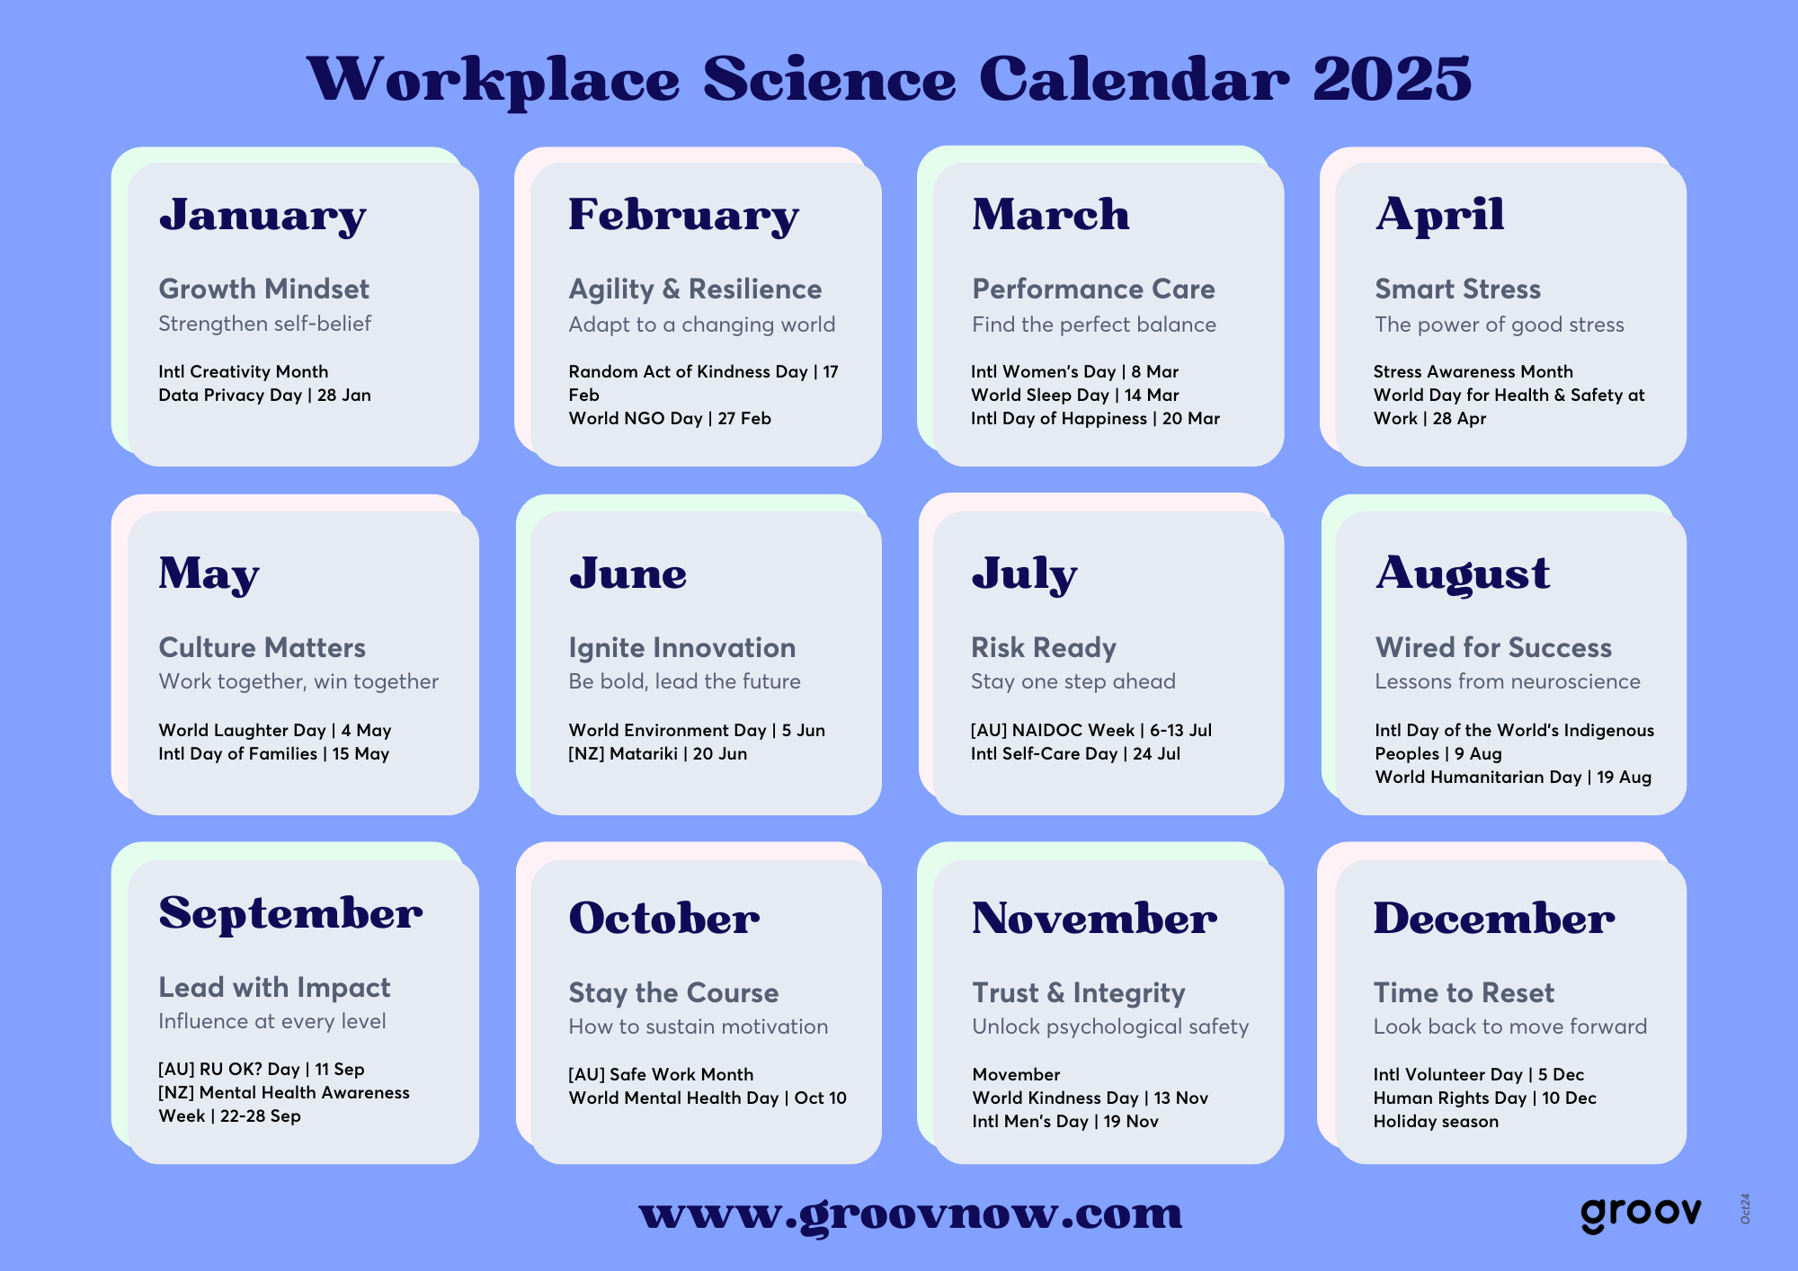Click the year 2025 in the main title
1392,79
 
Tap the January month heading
263,216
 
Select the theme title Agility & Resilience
695,289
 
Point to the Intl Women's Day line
1074,371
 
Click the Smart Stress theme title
1457,289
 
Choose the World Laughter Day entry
275,730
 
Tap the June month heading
628,573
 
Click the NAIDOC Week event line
1091,730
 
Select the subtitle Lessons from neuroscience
1508,681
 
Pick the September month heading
290,913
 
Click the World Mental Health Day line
708,1098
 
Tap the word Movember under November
1016,1074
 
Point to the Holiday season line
1436,1121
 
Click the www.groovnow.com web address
911,1213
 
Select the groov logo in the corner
1641,1214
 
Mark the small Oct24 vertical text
1745,1209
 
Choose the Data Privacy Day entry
264,395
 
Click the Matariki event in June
657,753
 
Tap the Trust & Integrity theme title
1079,992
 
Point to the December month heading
1494,919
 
